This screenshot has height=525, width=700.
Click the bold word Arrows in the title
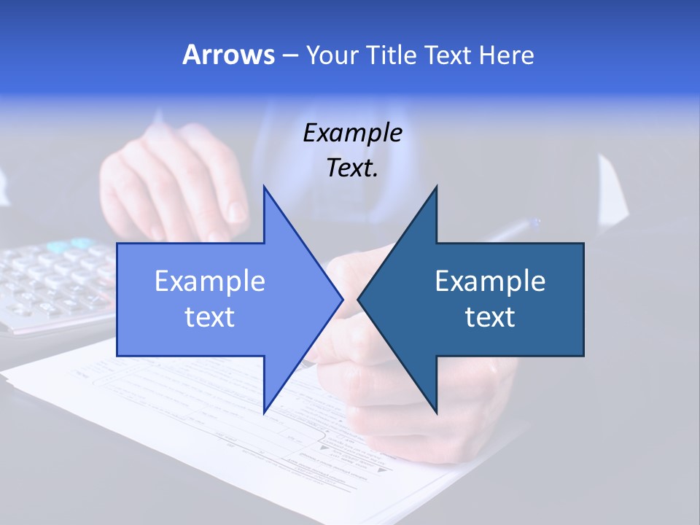click(228, 55)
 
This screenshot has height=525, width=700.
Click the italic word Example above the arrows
click(353, 133)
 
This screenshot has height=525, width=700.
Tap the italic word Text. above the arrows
click(353, 168)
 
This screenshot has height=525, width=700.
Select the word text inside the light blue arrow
click(210, 317)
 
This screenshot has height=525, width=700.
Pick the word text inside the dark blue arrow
click(490, 317)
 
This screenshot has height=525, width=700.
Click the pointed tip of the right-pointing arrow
click(342, 299)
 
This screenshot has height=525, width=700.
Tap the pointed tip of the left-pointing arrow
click(359, 299)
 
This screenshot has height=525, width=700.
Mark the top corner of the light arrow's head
click(264, 187)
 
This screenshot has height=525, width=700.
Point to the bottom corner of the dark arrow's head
click(436, 412)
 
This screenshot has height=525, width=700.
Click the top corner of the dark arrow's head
click(436, 187)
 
